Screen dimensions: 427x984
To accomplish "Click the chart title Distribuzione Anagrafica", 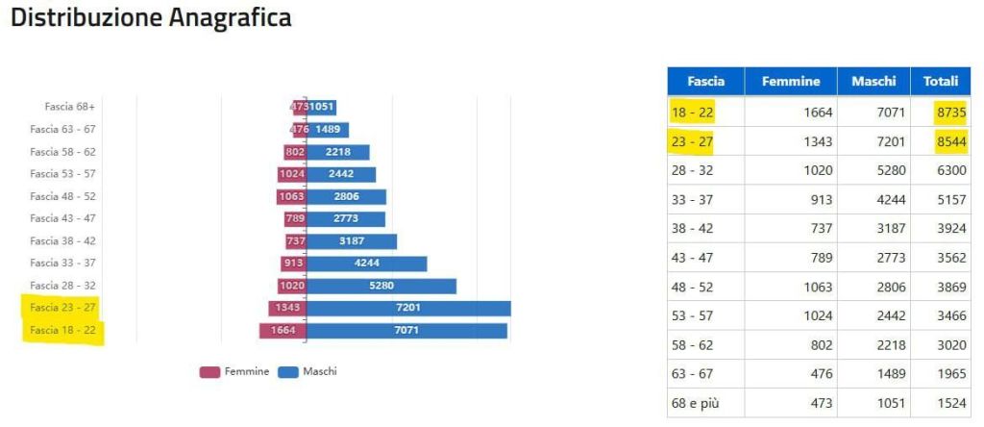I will [x=151, y=18].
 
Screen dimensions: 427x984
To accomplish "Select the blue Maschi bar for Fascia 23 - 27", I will [x=408, y=308].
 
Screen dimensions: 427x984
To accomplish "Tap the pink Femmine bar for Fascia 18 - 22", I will [x=283, y=331].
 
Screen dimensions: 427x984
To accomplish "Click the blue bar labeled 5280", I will [x=381, y=286].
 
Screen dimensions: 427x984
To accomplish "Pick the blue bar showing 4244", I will [x=366, y=264].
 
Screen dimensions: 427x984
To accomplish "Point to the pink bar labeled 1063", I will [x=290, y=196].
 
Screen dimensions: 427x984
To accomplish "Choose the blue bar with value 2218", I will [x=337, y=152].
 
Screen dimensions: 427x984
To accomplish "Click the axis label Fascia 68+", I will [x=70, y=107].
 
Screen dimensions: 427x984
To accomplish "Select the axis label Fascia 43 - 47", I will [x=62, y=218].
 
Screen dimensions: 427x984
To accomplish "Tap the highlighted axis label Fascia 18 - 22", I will [x=62, y=331].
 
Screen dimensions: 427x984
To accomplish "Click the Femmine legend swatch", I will [x=210, y=372].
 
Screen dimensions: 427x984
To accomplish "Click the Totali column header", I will [x=941, y=82].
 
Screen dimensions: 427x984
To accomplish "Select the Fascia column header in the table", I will [x=705, y=82].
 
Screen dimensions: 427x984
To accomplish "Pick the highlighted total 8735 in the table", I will [x=949, y=113].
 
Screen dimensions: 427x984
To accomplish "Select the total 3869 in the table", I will [x=949, y=288].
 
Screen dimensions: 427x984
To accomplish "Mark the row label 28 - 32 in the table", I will [x=693, y=171].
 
